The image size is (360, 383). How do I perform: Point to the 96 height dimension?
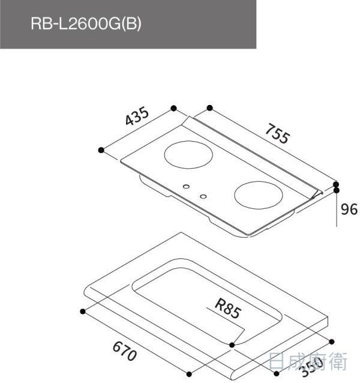(349, 209)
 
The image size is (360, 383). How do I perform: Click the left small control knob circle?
(187, 185)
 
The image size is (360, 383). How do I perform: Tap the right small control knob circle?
(203, 196)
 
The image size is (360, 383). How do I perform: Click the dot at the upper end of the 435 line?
(173, 108)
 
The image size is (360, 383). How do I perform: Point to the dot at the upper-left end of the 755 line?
(209, 108)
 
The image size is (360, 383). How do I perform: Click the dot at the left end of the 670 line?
(82, 311)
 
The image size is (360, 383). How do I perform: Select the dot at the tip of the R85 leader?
(233, 344)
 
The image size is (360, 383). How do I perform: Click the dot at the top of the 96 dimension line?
(336, 191)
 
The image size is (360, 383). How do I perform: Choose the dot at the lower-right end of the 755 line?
(336, 184)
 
